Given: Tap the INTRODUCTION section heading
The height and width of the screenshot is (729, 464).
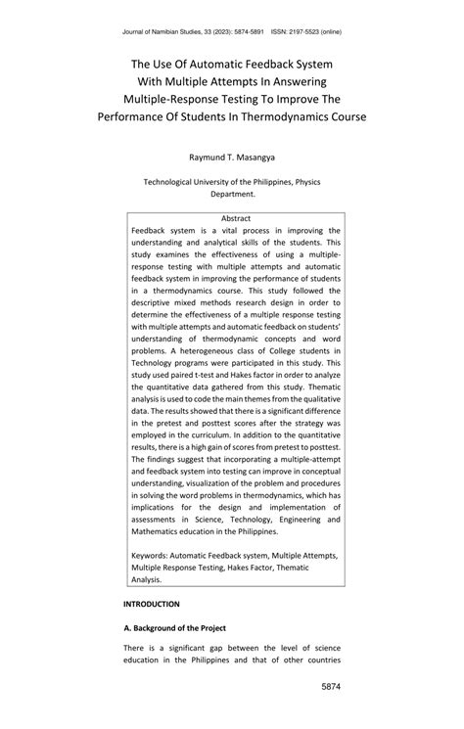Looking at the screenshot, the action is pos(151,605).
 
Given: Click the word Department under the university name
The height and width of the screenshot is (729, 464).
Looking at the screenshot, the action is pos(231,194).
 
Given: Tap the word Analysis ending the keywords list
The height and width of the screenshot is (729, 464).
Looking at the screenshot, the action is pos(150,579).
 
